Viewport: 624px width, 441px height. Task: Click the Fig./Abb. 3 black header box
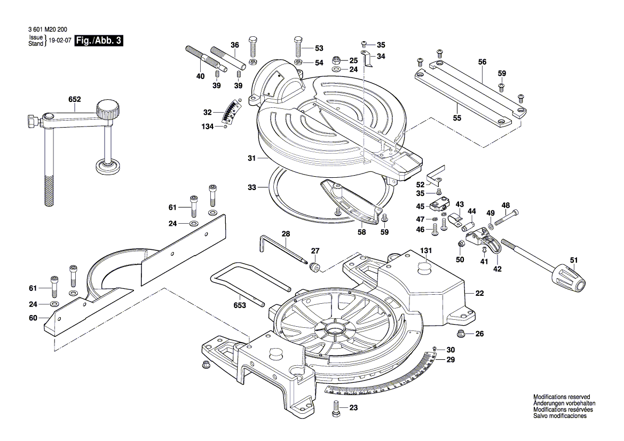(x=99, y=41)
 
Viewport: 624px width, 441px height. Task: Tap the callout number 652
(x=75, y=99)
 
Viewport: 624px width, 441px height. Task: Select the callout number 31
(x=252, y=159)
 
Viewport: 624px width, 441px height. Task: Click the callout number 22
(x=479, y=294)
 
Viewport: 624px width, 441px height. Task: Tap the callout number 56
(x=482, y=62)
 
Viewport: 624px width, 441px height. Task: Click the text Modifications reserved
(x=562, y=397)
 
